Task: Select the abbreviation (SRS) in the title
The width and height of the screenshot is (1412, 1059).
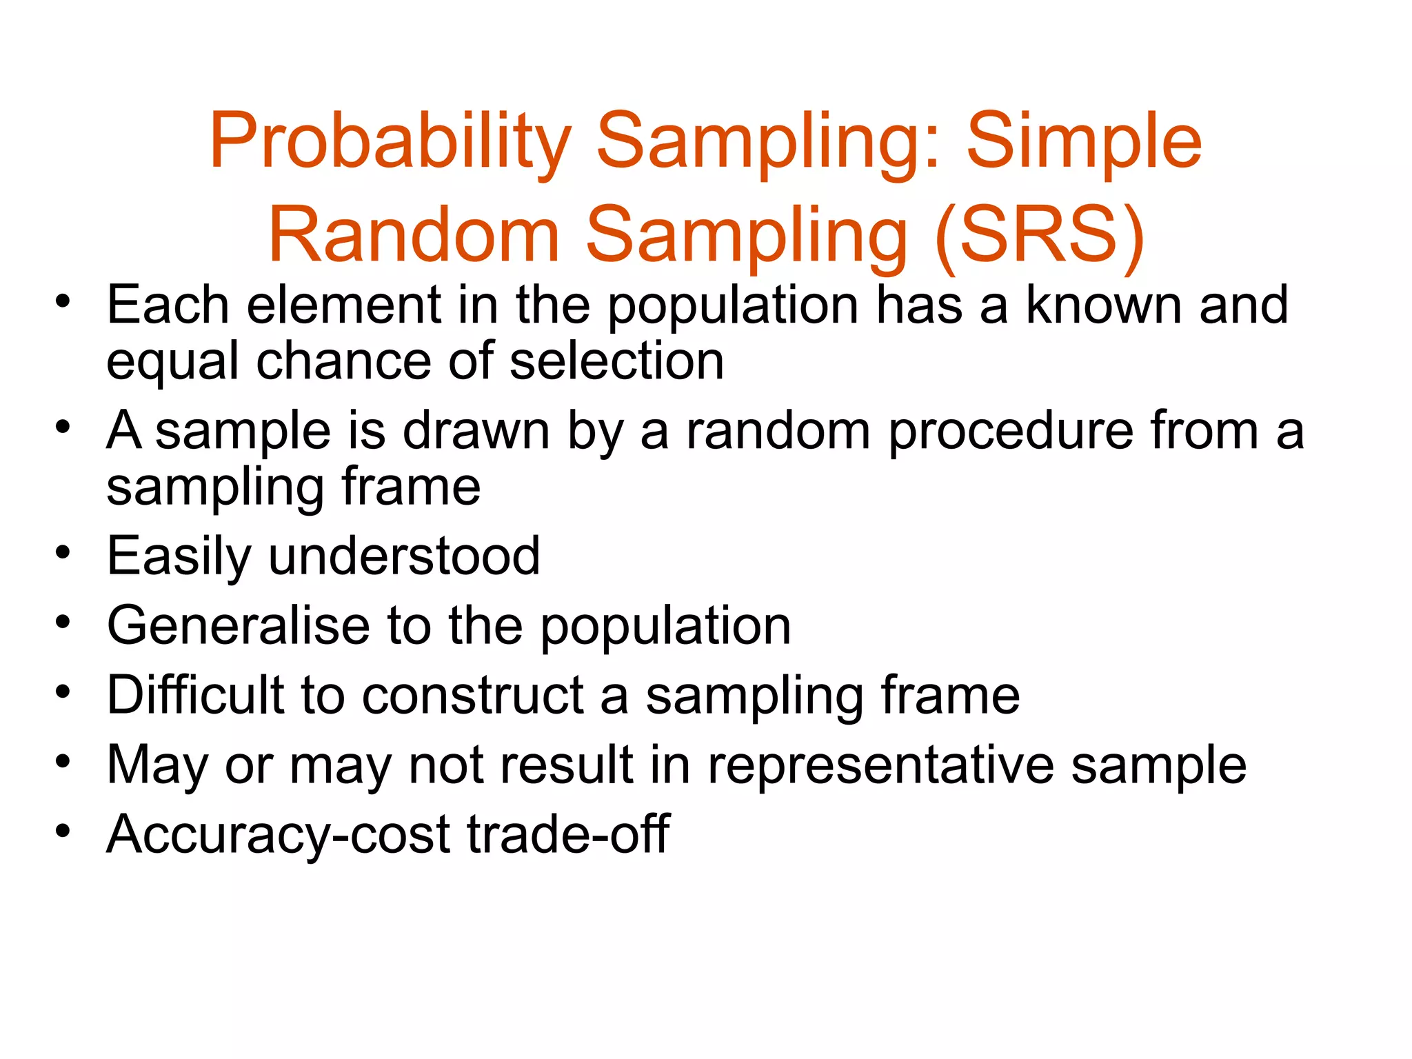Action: pos(1040,236)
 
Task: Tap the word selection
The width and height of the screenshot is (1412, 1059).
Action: pos(616,361)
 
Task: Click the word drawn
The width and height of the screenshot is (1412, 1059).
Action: pos(476,431)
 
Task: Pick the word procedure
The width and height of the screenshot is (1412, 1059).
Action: pos(1011,431)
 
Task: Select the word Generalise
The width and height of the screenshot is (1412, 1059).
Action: pos(239,626)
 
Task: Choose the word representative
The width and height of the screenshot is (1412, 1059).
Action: pos(881,765)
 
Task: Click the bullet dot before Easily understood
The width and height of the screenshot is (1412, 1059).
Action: pos(63,552)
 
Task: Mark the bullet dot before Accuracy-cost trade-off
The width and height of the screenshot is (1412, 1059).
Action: pos(63,830)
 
